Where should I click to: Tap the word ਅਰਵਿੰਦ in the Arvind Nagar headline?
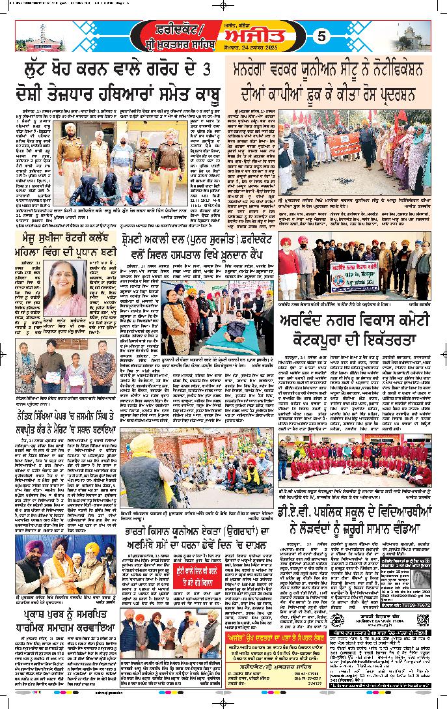(308, 323)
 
